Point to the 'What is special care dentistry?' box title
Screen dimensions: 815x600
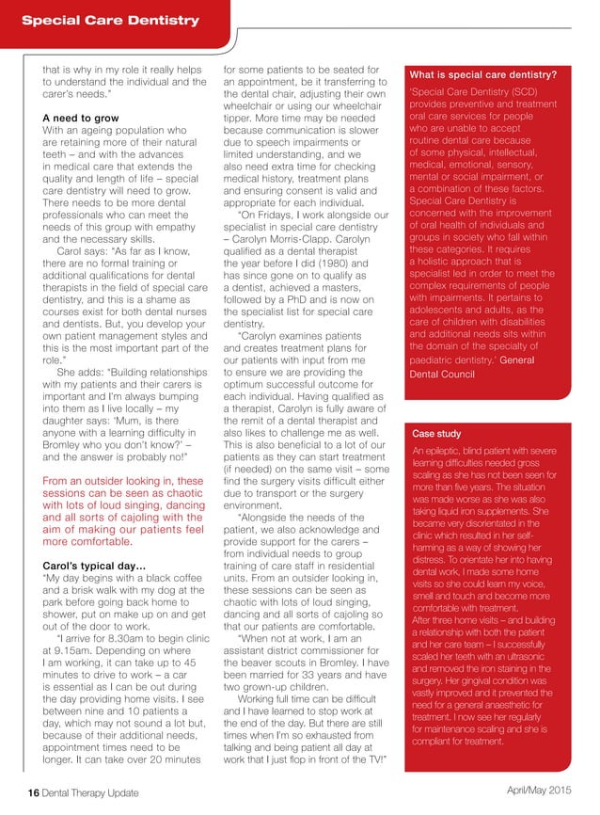[x=482, y=74]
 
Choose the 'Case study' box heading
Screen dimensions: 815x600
[x=436, y=434]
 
